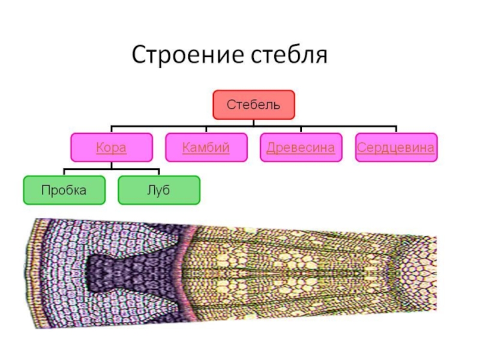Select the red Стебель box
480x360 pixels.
pos(253,105)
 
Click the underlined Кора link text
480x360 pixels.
pos(112,148)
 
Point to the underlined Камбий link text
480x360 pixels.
pos(206,148)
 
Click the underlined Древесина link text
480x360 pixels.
pos(301,148)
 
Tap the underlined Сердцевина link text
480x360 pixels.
pos(396,148)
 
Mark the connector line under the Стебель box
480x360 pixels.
pos(253,122)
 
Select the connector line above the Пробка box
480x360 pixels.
pos(64,173)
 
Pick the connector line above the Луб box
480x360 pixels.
pos(159,173)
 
